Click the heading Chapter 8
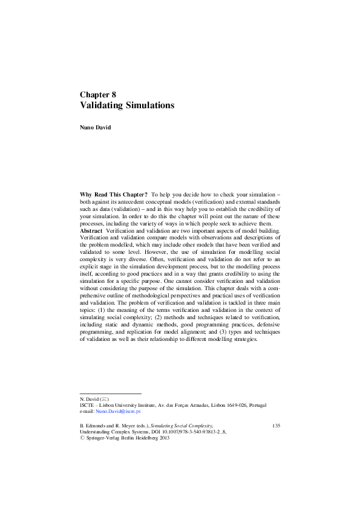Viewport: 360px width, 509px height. coord(97,94)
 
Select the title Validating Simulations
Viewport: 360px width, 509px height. coord(127,105)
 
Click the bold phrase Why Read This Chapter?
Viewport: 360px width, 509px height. coord(114,194)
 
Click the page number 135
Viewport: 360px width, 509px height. coord(276,426)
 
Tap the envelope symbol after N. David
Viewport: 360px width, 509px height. coord(105,400)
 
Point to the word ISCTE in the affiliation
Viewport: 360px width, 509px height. coord(88,406)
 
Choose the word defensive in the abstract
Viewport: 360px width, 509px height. coord(266,324)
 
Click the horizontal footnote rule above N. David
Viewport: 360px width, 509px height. coord(110,394)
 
